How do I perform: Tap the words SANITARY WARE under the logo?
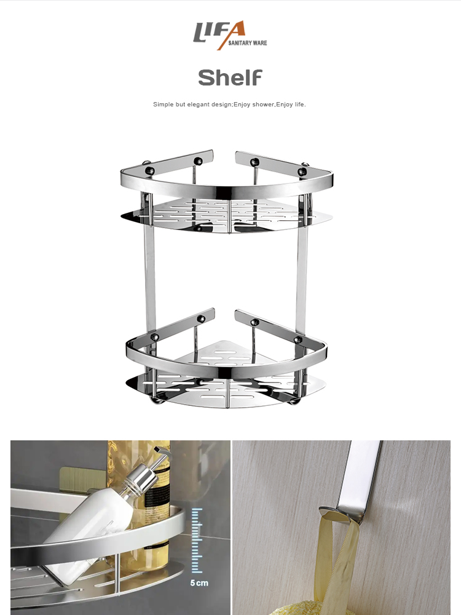247,43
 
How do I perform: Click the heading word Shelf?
230,78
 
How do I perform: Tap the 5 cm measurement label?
198,582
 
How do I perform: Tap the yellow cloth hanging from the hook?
347,553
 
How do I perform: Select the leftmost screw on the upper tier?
148,164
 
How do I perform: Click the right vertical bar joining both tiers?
301,271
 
